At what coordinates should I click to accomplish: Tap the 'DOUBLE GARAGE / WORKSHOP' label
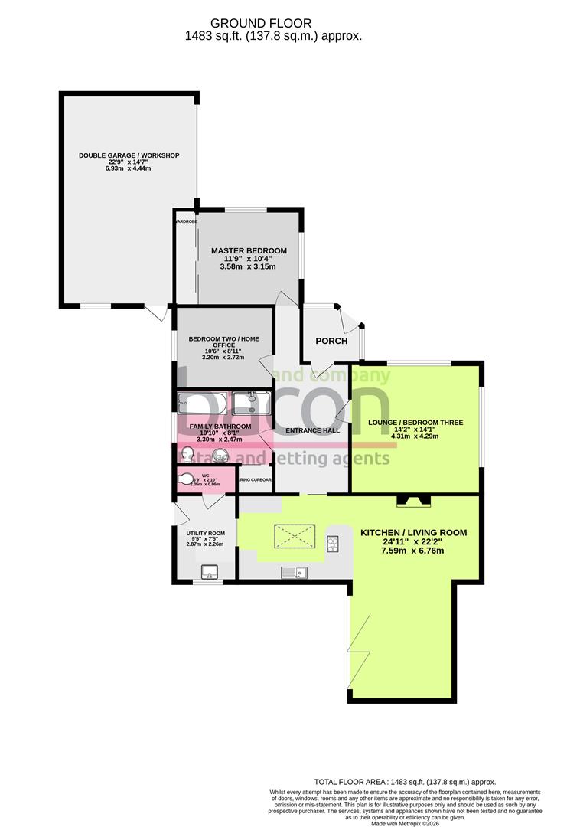pyautogui.click(x=129, y=155)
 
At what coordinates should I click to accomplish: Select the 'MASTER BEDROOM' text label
pyautogui.click(x=249, y=250)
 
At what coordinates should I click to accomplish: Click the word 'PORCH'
pyautogui.click(x=331, y=341)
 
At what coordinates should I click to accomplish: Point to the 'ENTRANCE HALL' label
pyautogui.click(x=312, y=430)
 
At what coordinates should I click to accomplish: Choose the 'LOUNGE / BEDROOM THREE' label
pyautogui.click(x=415, y=422)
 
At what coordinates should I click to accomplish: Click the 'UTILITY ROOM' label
pyautogui.click(x=205, y=533)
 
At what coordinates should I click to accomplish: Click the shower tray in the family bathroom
pyautogui.click(x=252, y=404)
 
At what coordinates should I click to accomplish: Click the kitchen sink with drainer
pyautogui.click(x=294, y=571)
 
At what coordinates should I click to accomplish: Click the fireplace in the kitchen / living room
pyautogui.click(x=412, y=502)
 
